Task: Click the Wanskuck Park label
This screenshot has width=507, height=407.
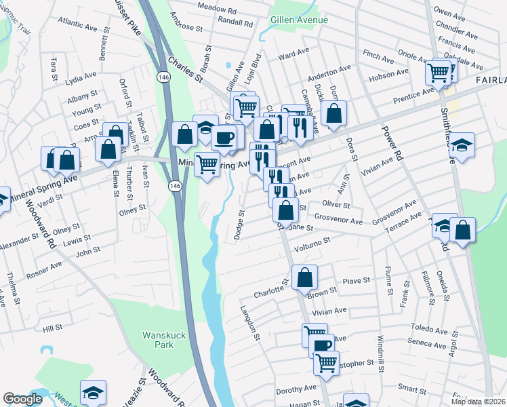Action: [x=158, y=339]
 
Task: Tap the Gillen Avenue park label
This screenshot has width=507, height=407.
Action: [x=298, y=20]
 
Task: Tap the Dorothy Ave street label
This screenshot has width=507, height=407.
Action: [x=296, y=389]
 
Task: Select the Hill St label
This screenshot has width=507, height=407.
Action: [x=52, y=328]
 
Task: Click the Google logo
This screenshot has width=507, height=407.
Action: [x=23, y=399]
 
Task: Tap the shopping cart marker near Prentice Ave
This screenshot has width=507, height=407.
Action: [x=439, y=71]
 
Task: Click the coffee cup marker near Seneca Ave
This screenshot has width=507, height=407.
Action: [x=322, y=345]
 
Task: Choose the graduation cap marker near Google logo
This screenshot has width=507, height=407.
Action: [x=93, y=393]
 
